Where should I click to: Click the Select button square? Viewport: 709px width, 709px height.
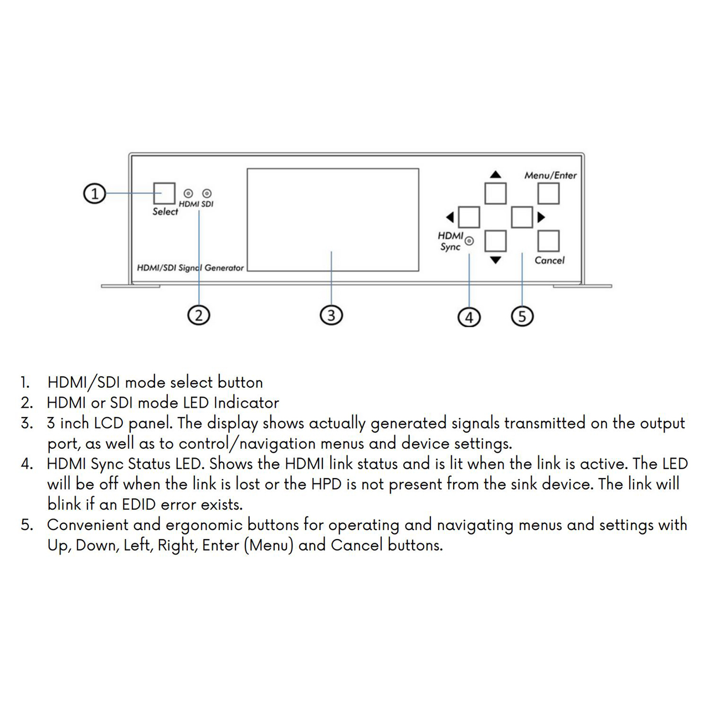point(164,193)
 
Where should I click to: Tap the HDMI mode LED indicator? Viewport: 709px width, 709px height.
point(188,193)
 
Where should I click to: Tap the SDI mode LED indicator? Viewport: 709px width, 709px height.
point(207,193)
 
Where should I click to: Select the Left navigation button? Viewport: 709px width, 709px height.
point(469,217)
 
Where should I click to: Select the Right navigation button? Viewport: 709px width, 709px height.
point(522,217)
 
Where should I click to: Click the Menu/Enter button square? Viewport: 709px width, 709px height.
point(548,193)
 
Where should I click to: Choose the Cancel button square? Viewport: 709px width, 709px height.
point(548,241)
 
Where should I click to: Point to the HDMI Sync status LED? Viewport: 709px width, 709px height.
point(470,241)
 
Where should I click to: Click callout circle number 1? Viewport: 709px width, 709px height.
point(95,193)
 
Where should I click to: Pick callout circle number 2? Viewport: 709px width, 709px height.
point(199,315)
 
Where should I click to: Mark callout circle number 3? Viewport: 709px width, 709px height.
point(331,315)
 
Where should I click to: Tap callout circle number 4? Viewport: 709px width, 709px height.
point(469,317)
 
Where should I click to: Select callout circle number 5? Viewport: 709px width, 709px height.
point(522,316)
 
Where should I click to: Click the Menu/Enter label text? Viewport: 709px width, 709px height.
point(551,175)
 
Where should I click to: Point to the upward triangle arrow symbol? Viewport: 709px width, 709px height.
point(496,174)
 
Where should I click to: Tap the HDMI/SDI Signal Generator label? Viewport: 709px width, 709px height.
point(190,268)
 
